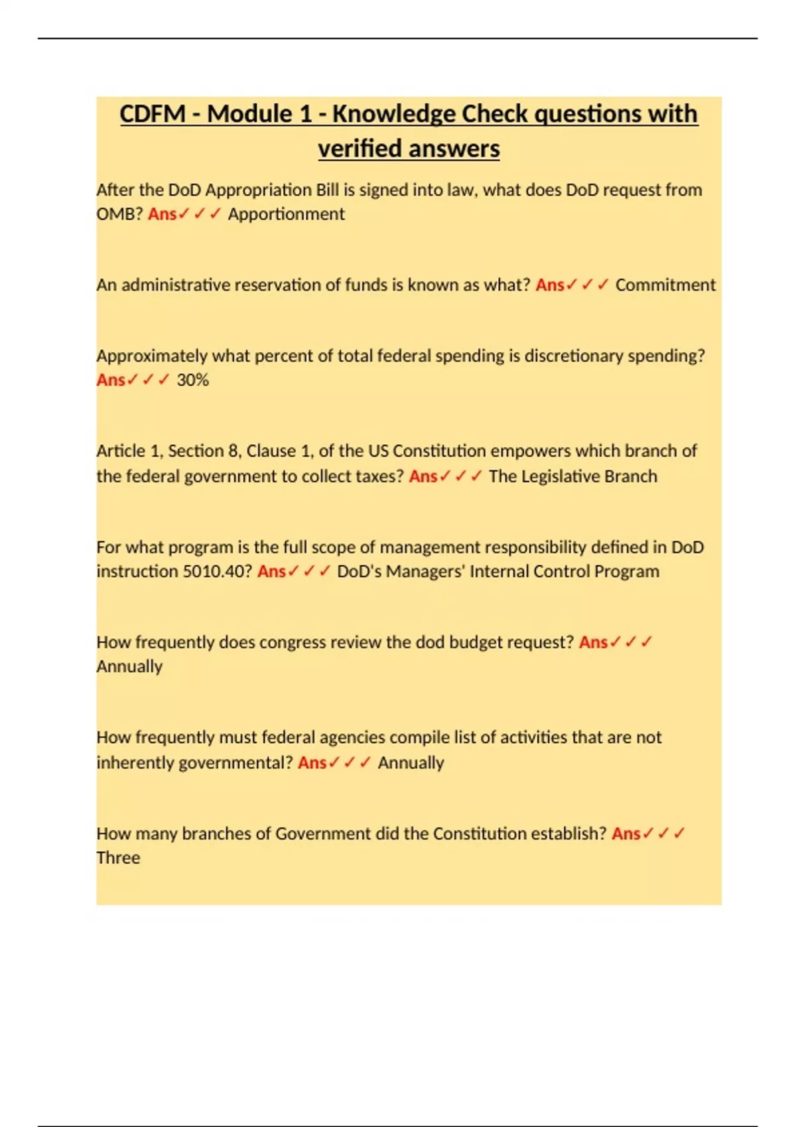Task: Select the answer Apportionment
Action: coord(286,214)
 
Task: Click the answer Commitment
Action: coord(665,285)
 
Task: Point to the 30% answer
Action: coord(192,380)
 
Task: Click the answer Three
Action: coord(118,858)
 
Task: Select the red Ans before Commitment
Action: coord(550,285)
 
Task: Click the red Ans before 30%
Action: coord(111,380)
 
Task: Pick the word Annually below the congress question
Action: coord(129,667)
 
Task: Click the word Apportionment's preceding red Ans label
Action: coord(163,214)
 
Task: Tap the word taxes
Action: coord(379,477)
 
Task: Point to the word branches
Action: coord(216,833)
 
